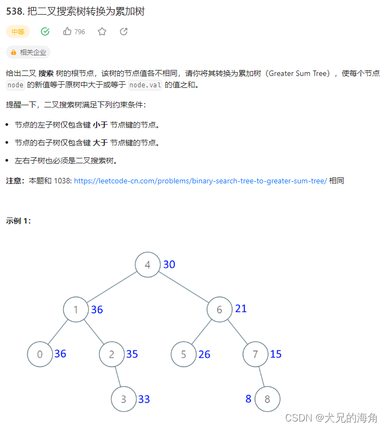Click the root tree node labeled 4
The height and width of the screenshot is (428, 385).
click(x=148, y=265)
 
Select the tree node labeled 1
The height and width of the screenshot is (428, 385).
click(x=75, y=310)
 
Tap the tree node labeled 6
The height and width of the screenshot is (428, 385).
click(x=219, y=310)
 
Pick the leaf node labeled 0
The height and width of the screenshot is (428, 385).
click(x=40, y=354)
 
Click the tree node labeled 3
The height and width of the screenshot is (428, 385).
click(x=123, y=399)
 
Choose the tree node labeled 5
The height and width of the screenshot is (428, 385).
click(x=184, y=354)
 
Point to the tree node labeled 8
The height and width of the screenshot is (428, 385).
click(x=267, y=399)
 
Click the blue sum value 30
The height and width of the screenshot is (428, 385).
click(x=169, y=265)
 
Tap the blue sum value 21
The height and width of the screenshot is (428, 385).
click(x=241, y=309)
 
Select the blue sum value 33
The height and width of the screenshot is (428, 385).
click(x=143, y=399)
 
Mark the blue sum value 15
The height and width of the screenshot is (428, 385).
click(x=275, y=354)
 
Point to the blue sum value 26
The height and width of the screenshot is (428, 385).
click(x=204, y=354)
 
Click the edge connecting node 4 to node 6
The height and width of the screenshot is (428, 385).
click(x=184, y=288)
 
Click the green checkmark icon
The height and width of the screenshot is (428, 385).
click(x=45, y=31)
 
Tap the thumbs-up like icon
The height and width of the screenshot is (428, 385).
click(x=67, y=31)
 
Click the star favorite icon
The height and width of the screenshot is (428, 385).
click(x=102, y=31)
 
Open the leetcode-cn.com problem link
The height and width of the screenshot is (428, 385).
click(x=200, y=181)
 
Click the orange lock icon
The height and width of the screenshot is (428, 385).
click(x=14, y=53)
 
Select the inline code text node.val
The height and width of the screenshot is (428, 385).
click(x=146, y=85)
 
